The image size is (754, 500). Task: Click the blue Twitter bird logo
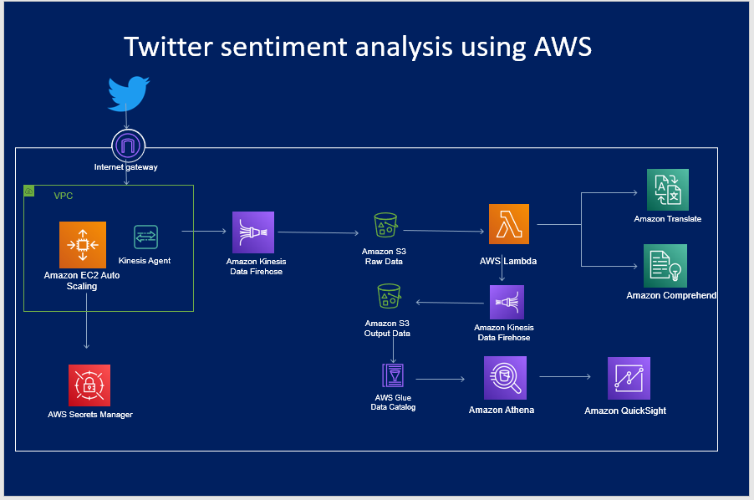tap(128, 93)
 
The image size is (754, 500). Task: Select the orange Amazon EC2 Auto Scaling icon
tap(82, 245)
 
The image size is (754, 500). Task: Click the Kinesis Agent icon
tap(145, 237)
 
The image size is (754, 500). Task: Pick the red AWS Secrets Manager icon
tap(89, 385)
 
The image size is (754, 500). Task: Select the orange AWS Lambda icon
tap(509, 224)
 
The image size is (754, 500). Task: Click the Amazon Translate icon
tap(667, 189)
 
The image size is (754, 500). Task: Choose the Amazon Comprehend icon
tap(665, 266)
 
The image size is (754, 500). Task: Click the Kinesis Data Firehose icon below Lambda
tap(507, 302)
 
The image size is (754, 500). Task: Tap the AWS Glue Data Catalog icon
tap(392, 375)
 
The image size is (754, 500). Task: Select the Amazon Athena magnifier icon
tap(505, 378)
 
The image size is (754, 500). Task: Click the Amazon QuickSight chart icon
tap(629, 378)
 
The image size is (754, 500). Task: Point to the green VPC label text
tap(64, 195)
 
